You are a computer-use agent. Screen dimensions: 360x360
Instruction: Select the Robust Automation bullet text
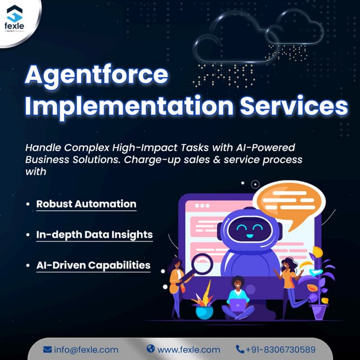[86, 204]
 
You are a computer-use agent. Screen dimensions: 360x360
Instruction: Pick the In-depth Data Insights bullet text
[94, 234]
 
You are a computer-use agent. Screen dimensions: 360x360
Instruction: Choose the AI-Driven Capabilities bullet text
[93, 264]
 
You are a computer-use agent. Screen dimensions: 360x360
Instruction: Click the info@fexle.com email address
[86, 349]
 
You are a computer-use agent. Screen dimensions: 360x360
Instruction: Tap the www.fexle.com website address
[188, 349]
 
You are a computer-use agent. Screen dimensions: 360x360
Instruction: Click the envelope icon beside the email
[47, 349]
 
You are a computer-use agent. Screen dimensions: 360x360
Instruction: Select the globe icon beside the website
[150, 349]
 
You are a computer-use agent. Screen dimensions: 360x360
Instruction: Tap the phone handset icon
[240, 349]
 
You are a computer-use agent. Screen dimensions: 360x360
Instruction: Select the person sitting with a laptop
[238, 298]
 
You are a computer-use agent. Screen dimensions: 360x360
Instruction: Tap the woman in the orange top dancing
[289, 284]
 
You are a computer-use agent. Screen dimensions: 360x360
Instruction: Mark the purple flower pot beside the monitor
[319, 308]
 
